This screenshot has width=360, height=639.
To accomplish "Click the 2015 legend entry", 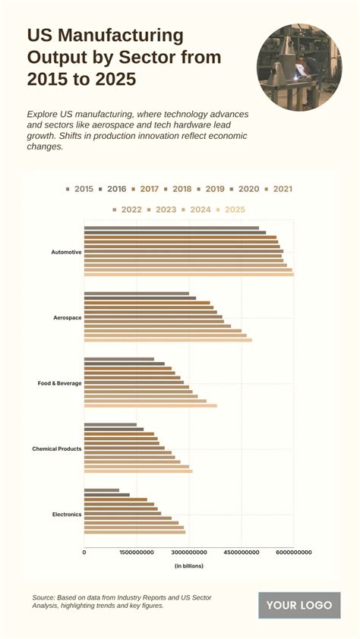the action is [80, 189].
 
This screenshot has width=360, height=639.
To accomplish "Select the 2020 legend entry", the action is [245, 189].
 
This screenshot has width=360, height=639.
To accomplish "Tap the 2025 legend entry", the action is [231, 209].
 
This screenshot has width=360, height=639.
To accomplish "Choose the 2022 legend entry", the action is [127, 209].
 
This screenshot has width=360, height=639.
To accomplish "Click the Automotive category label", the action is [66, 252].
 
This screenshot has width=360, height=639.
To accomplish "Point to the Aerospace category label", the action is [68, 317].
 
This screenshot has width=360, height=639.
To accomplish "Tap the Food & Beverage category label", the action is [59, 383].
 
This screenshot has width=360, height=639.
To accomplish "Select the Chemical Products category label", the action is [57, 449].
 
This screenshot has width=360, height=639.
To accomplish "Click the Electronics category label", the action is [67, 515].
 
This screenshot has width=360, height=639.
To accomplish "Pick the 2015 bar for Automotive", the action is [172, 228].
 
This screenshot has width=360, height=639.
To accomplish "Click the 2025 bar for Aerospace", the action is [168, 340].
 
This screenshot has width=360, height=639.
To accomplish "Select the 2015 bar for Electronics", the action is [102, 490].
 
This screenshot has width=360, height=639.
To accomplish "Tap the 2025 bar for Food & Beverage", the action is [150, 405].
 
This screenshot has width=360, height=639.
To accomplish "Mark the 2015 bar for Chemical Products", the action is [110, 425].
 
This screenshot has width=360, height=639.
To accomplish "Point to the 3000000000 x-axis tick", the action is [189, 552].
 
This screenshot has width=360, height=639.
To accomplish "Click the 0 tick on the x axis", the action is [84, 552].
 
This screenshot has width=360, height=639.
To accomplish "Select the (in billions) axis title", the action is [189, 566].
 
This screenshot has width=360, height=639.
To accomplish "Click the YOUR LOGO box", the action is [299, 605].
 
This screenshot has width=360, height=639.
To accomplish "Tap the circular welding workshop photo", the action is [299, 67].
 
